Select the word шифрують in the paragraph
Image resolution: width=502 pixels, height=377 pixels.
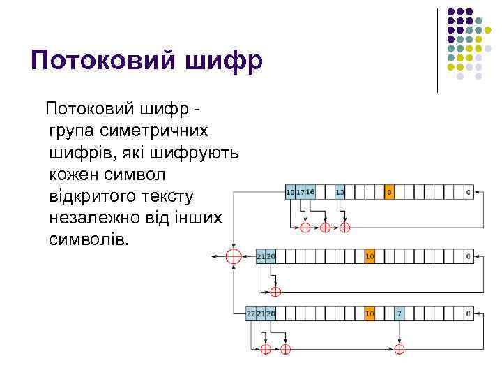click(195, 152)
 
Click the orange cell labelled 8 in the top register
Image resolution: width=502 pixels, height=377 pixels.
click(389, 191)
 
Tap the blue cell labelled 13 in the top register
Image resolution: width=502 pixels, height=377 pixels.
click(340, 191)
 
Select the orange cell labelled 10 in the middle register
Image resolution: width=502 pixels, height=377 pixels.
click(370, 256)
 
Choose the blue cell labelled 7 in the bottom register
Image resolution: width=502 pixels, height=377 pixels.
click(400, 314)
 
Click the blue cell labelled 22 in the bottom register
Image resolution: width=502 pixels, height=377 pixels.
click(251, 314)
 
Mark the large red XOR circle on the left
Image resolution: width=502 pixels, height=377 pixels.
click(233, 256)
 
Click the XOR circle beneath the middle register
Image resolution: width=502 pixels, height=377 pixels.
click(275, 291)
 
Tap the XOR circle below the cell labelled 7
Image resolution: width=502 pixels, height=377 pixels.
click(400, 348)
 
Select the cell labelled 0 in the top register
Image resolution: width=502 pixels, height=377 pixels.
click(468, 191)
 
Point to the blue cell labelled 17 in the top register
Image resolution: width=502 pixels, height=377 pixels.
click(301, 191)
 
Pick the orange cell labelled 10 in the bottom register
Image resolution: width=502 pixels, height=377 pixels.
click(370, 314)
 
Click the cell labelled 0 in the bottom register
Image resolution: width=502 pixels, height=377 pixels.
click(468, 314)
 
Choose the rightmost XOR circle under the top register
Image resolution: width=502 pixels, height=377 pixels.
click(344, 227)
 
